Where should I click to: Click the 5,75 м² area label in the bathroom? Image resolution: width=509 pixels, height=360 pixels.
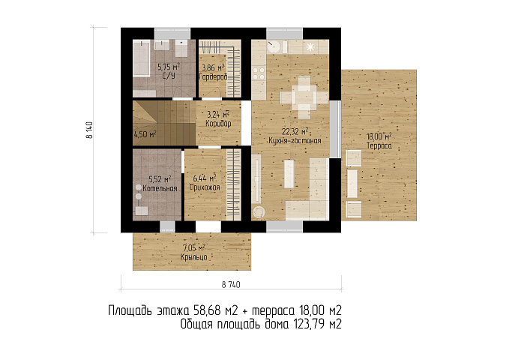click(169, 67)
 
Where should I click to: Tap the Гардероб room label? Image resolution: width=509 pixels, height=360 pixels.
click(213, 77)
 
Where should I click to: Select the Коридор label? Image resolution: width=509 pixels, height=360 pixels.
click(218, 124)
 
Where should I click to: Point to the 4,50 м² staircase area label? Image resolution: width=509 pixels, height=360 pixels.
click(145, 133)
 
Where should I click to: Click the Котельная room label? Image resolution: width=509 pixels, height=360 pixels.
click(160, 188)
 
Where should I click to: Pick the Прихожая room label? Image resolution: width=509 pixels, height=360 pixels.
click(205, 187)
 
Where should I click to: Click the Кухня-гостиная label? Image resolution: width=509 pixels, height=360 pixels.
click(295, 141)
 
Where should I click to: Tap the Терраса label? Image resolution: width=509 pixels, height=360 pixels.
click(379, 145)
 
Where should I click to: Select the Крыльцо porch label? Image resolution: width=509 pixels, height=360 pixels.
click(194, 257)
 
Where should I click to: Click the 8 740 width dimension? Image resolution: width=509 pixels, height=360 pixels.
click(231, 285)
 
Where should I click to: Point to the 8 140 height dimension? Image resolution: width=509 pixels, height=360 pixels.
click(89, 130)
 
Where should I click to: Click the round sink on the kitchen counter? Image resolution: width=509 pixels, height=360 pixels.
click(273, 46)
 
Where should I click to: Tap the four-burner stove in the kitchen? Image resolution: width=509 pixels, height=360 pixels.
click(259, 73)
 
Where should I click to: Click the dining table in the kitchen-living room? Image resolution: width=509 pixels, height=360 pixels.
click(304, 97)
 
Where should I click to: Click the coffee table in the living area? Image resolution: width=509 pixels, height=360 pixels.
click(289, 174)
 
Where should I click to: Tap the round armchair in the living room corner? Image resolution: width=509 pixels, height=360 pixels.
click(259, 212)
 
